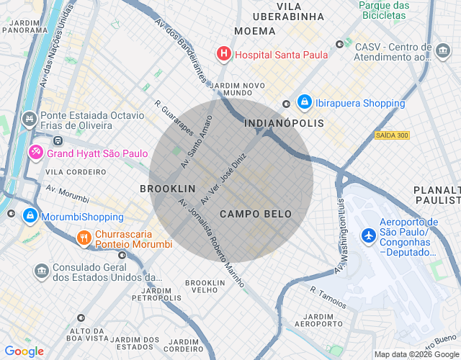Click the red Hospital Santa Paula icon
(224, 54)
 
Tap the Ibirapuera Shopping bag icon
(304, 103)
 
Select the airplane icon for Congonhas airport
(368, 235)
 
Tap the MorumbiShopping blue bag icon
(30, 216)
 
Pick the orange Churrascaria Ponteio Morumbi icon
(84, 237)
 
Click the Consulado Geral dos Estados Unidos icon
(41, 271)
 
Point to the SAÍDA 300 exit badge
(391, 135)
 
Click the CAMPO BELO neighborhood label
(256, 214)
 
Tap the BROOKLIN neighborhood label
(167, 189)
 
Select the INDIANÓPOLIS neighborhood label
(285, 124)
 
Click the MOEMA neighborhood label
(254, 31)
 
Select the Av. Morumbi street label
(68, 193)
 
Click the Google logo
(24, 351)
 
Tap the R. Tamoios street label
(328, 296)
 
